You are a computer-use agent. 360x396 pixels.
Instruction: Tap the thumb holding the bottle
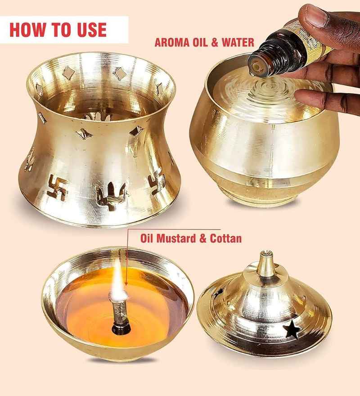click(x=310, y=18)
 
